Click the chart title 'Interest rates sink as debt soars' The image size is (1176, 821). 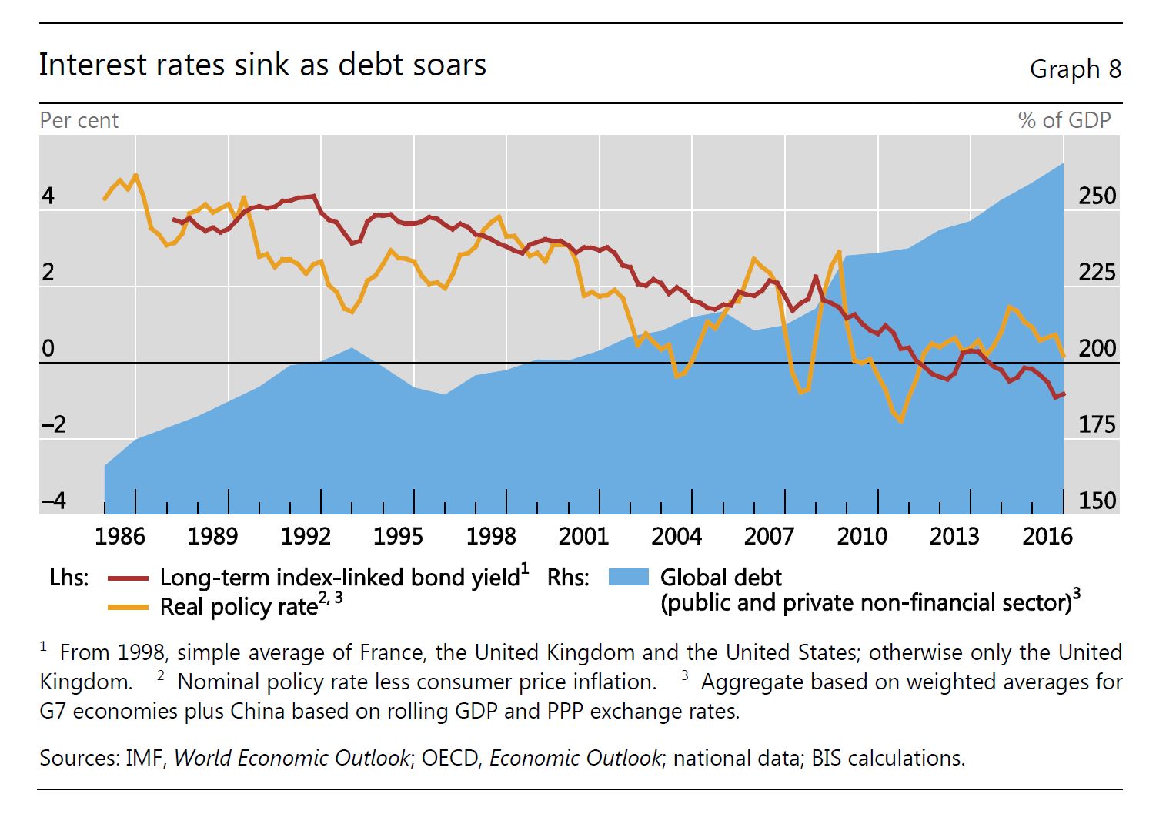[262, 65]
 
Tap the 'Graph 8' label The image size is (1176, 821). [1075, 69]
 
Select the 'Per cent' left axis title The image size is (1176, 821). [79, 121]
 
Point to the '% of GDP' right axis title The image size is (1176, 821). [1064, 121]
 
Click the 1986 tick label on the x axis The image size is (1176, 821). [120, 536]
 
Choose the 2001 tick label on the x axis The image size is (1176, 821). [583, 536]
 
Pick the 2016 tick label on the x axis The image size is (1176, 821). [1047, 536]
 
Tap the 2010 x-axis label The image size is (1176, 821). [862, 536]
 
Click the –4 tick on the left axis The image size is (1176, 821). [53, 501]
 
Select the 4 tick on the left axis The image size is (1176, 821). [48, 196]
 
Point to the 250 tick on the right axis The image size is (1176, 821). [1097, 196]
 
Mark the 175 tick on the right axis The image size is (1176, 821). [1097, 424]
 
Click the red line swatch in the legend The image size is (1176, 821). [128, 578]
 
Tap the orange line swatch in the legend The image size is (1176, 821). [128, 607]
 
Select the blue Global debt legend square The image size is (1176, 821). [629, 578]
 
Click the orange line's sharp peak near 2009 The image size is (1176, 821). [839, 251]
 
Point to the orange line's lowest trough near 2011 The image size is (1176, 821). [900, 421]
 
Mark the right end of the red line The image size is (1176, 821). [1064, 394]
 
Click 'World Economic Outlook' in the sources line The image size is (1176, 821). [292, 758]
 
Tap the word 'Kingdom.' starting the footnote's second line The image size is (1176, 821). [85, 682]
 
